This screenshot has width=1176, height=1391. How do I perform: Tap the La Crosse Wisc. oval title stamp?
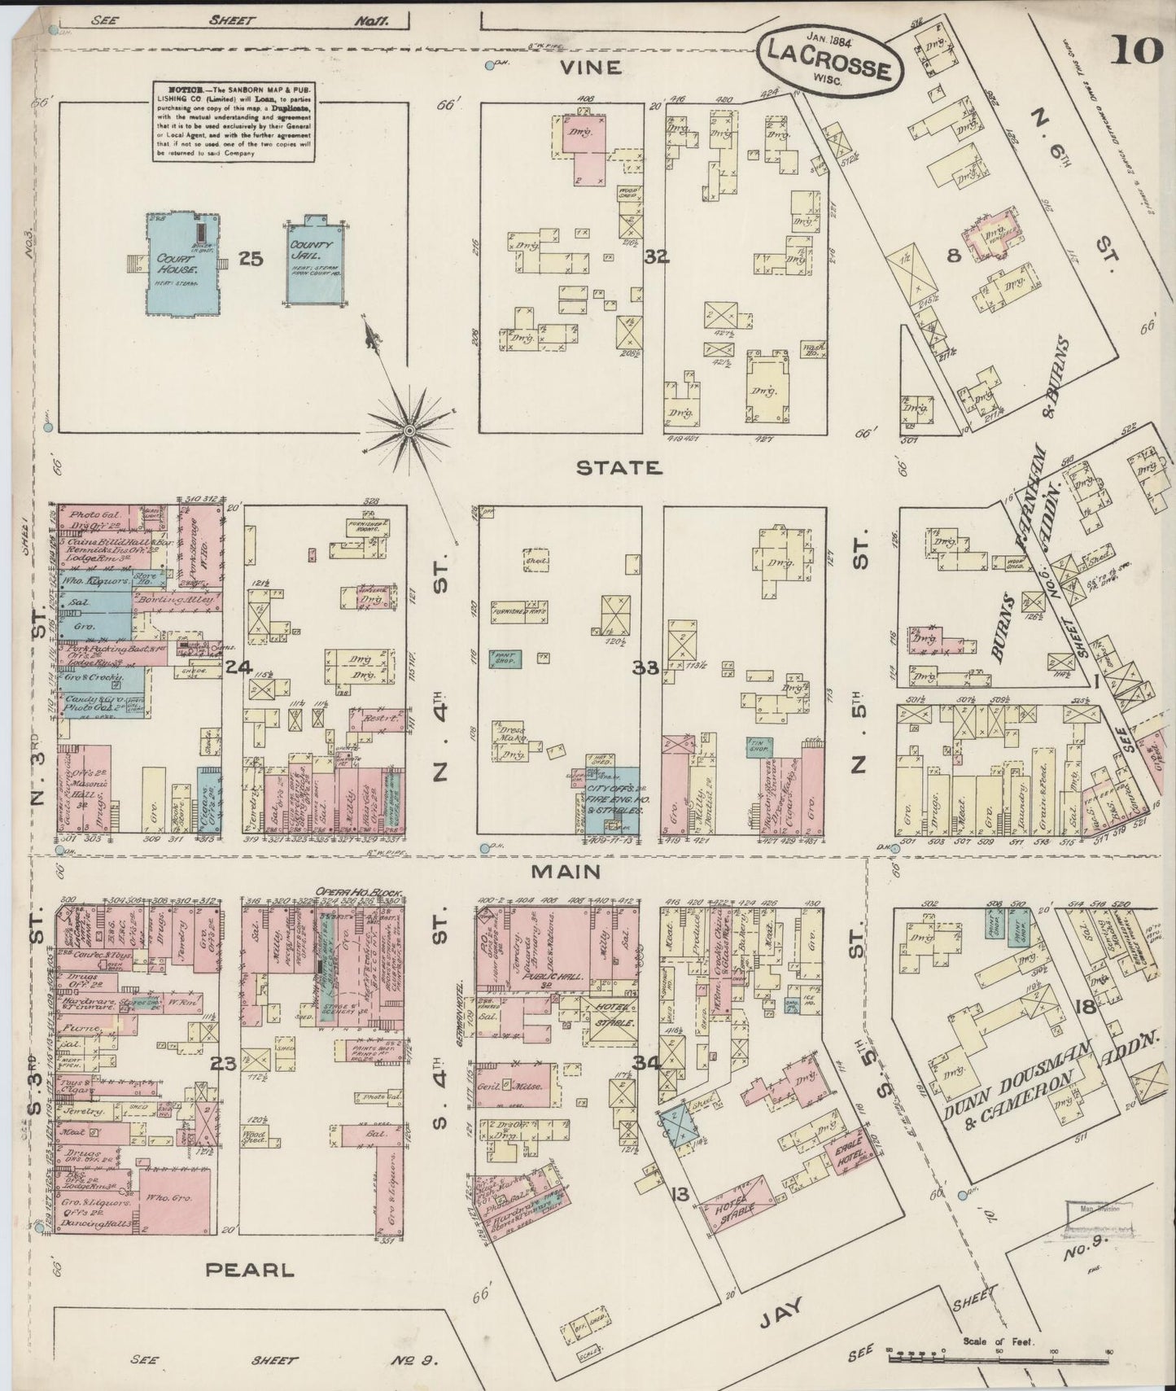[829, 62]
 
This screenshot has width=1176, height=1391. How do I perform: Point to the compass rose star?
[409, 429]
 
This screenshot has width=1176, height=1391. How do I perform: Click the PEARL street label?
[249, 1269]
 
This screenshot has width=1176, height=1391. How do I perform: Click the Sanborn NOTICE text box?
[234, 120]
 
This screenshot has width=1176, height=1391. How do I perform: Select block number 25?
[251, 259]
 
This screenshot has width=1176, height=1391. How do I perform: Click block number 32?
[656, 257]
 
